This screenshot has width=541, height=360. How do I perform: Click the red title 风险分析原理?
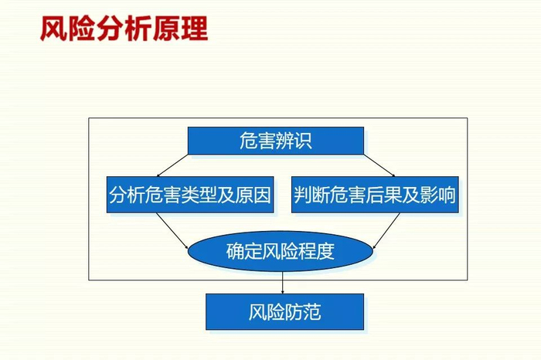click(124, 29)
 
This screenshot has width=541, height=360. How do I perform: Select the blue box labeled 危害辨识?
click(276, 141)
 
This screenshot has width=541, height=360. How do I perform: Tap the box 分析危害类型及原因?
click(190, 195)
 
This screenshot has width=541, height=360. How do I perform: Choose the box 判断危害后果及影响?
click(375, 195)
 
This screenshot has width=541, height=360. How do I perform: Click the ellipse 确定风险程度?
click(280, 251)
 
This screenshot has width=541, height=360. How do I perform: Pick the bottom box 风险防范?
click(284, 312)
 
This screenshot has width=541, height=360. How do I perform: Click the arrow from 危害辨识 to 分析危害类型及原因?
click(172, 165)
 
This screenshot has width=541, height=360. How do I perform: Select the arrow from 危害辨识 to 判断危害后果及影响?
click(379, 165)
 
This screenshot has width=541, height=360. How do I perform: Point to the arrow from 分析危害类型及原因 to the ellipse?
click(172, 231)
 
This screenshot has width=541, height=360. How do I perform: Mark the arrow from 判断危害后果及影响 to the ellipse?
click(386, 231)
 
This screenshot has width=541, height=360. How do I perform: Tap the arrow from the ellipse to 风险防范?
click(283, 283)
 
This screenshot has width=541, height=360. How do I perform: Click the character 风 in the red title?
click(53, 29)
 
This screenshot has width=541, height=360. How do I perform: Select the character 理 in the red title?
click(195, 29)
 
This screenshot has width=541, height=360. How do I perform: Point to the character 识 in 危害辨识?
click(303, 141)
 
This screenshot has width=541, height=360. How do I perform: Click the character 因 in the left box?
click(262, 195)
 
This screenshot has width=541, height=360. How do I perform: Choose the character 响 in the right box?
click(447, 195)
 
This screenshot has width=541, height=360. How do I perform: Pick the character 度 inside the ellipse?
click(325, 251)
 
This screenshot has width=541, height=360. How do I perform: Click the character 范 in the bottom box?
click(312, 312)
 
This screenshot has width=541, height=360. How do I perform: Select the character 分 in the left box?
click(118, 195)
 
